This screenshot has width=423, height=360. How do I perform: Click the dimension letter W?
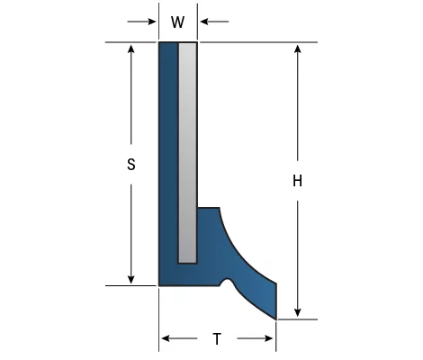(177, 22)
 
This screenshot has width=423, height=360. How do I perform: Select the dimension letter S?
(131, 165)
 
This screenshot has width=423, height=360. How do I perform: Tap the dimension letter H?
(297, 181)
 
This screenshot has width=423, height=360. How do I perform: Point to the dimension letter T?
(217, 339)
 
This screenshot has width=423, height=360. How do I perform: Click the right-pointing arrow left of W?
(141, 22)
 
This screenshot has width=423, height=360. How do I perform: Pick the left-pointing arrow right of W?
(214, 22)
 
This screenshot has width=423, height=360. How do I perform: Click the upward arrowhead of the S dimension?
(130, 49)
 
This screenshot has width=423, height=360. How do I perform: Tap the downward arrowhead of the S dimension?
(130, 279)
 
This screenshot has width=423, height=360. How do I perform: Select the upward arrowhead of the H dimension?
(297, 49)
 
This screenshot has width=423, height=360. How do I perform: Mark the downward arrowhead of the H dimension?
(297, 312)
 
